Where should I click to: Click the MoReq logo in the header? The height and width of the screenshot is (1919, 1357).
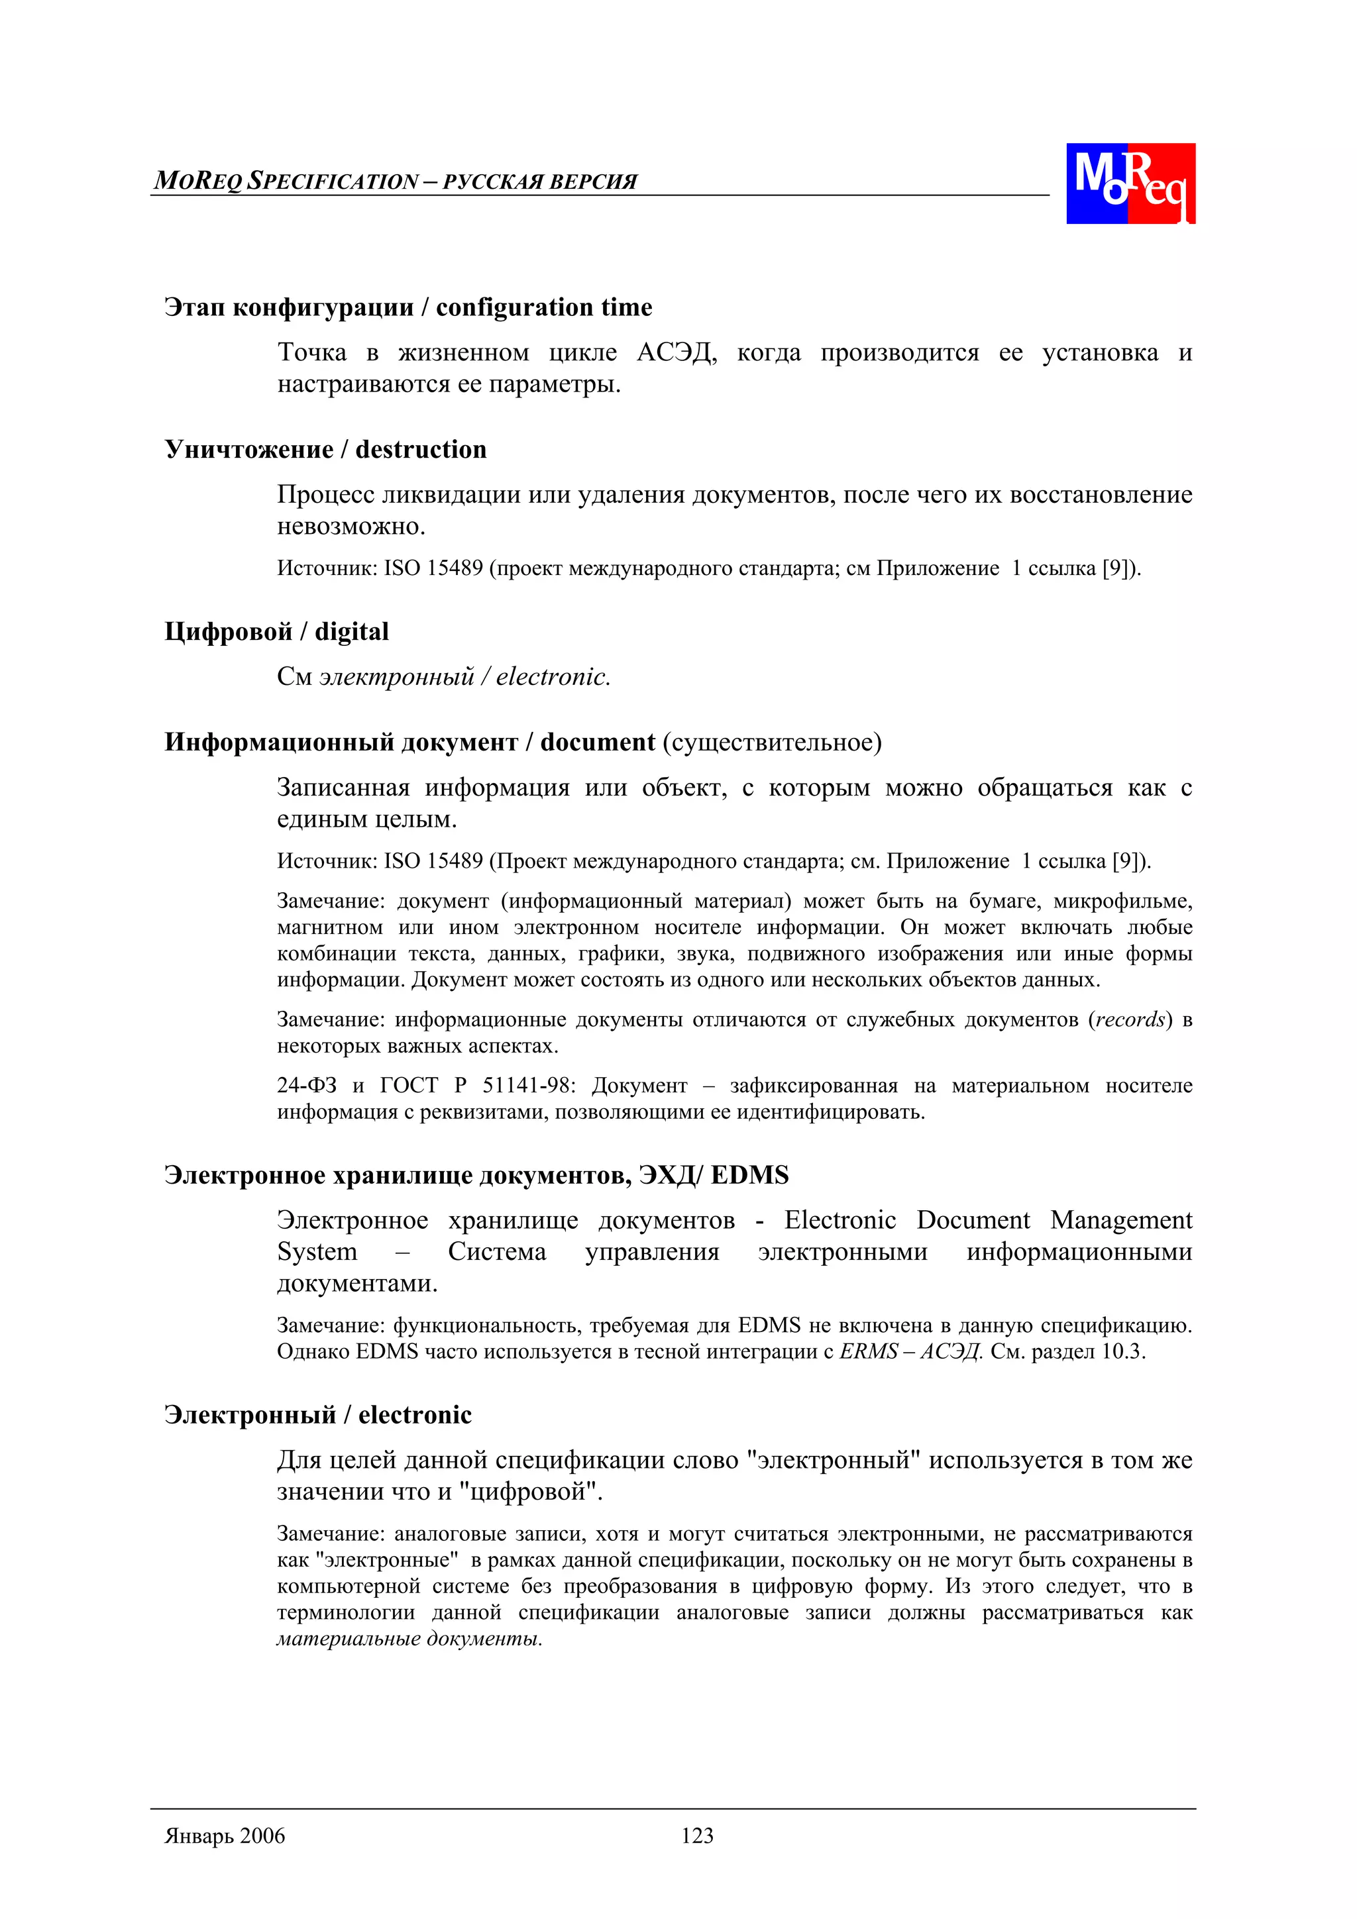(x=1130, y=183)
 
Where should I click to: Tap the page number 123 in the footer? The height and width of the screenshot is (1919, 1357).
(x=696, y=1836)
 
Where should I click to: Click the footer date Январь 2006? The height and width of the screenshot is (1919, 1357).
(x=225, y=1836)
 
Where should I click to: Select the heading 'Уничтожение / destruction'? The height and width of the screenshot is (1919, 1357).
(x=325, y=450)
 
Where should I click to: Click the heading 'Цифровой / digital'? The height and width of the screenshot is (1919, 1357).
(x=277, y=632)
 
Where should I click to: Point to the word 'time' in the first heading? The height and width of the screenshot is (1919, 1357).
(x=626, y=307)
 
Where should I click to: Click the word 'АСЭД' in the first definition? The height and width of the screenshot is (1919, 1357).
(x=676, y=352)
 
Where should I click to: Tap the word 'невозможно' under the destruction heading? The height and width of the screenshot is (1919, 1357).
(x=351, y=527)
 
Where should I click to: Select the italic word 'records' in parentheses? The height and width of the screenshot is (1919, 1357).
(x=1130, y=1019)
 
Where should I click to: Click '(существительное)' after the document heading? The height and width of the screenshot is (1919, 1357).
(x=772, y=742)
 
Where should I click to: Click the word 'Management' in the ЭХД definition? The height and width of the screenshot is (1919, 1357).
(x=1120, y=1220)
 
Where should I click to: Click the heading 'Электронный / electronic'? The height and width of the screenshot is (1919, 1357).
(x=318, y=1415)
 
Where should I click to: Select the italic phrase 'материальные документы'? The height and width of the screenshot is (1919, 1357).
(x=409, y=1639)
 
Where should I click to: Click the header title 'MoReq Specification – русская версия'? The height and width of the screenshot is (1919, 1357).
(x=396, y=182)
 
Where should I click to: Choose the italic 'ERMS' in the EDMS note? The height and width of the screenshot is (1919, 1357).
(x=868, y=1351)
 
